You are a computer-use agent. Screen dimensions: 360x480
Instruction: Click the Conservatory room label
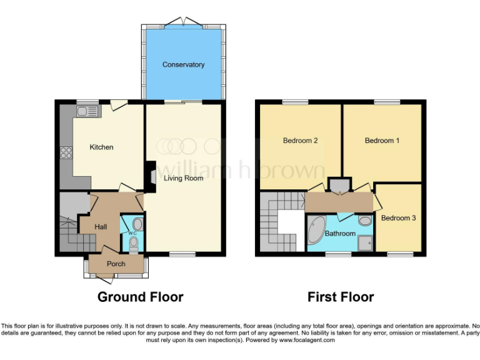pos(183,65)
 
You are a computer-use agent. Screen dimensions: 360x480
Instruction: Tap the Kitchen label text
pos(101,147)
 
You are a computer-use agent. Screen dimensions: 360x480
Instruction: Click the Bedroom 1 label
pos(382,141)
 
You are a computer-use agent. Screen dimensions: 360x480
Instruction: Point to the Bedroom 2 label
pos(300,141)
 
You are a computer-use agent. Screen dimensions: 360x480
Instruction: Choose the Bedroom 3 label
pos(398,219)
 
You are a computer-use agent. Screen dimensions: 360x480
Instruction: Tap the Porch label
pos(116,263)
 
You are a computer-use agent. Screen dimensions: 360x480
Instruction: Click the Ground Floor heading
pos(140,297)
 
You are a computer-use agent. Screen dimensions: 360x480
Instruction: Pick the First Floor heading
pos(341,297)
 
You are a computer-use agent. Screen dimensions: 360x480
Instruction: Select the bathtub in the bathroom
pos(316,231)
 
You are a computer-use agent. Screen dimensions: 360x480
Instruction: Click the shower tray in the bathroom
pos(364,240)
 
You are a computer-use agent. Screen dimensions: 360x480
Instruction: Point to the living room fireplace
pos(150,175)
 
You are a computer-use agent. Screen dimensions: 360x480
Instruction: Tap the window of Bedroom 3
pos(399,254)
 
